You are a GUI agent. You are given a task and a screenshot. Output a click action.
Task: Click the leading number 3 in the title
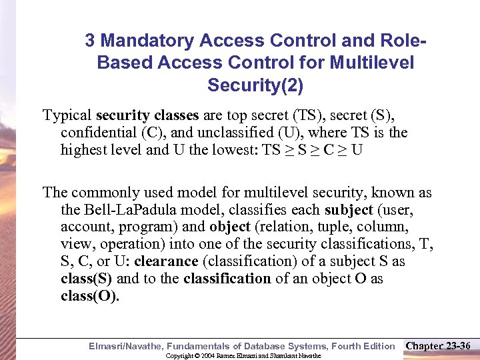(x=90, y=41)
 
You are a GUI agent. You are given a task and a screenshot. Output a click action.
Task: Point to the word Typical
(x=67, y=115)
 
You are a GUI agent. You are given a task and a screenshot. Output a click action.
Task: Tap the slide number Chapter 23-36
(x=439, y=345)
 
